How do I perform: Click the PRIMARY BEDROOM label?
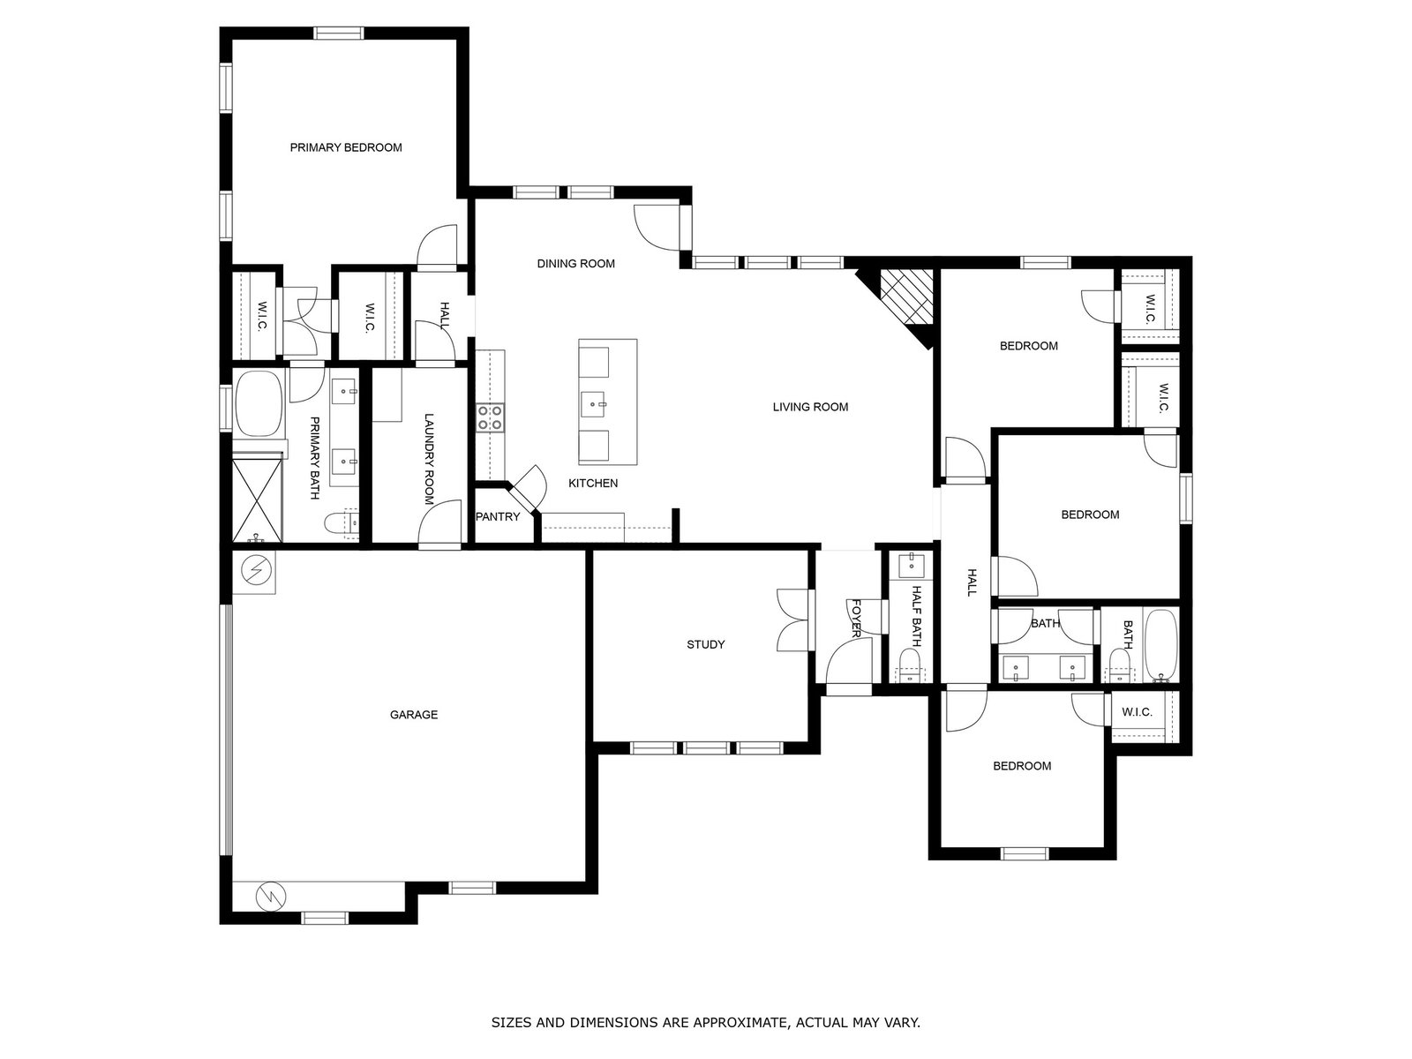[x=345, y=147]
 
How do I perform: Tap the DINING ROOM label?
[x=575, y=263]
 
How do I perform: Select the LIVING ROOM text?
[x=810, y=406]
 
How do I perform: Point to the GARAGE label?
[x=414, y=714]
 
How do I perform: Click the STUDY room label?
[x=706, y=644]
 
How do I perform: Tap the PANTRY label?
[x=497, y=516]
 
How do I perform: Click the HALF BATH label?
[x=917, y=616]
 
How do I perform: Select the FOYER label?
[x=856, y=618]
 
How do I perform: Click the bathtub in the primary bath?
[x=259, y=403]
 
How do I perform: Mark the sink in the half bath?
[x=912, y=564]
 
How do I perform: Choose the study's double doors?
[x=792, y=620]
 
